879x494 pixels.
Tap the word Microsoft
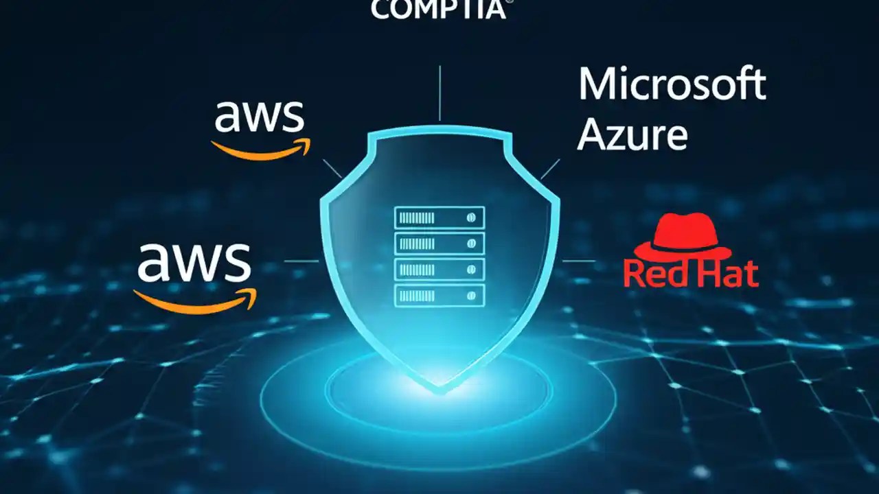click(672, 85)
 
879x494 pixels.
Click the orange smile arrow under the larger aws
click(195, 299)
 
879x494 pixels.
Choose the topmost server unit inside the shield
click(439, 217)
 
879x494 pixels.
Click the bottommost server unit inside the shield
click(439, 295)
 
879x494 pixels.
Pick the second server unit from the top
click(439, 244)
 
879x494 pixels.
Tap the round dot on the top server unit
click(471, 217)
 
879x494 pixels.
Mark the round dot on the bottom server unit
click(471, 295)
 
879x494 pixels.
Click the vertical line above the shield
click(439, 93)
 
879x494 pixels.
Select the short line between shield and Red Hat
click(578, 261)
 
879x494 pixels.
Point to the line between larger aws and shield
click(301, 261)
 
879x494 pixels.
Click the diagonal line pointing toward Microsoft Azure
click(549, 169)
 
